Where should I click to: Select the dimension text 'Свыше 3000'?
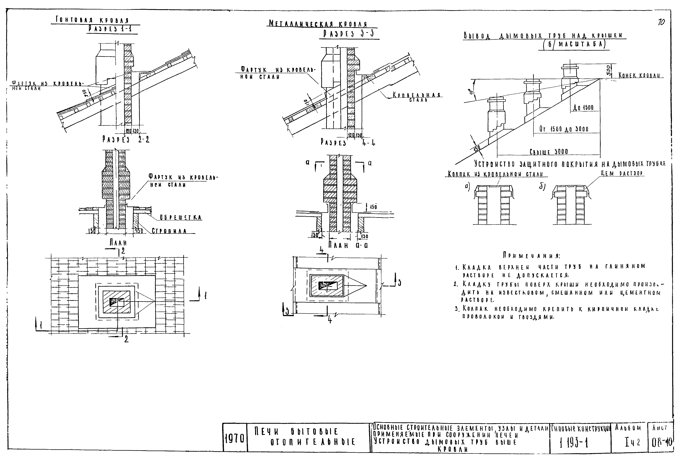pos(549,152)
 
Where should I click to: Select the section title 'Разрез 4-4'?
pos(348,143)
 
